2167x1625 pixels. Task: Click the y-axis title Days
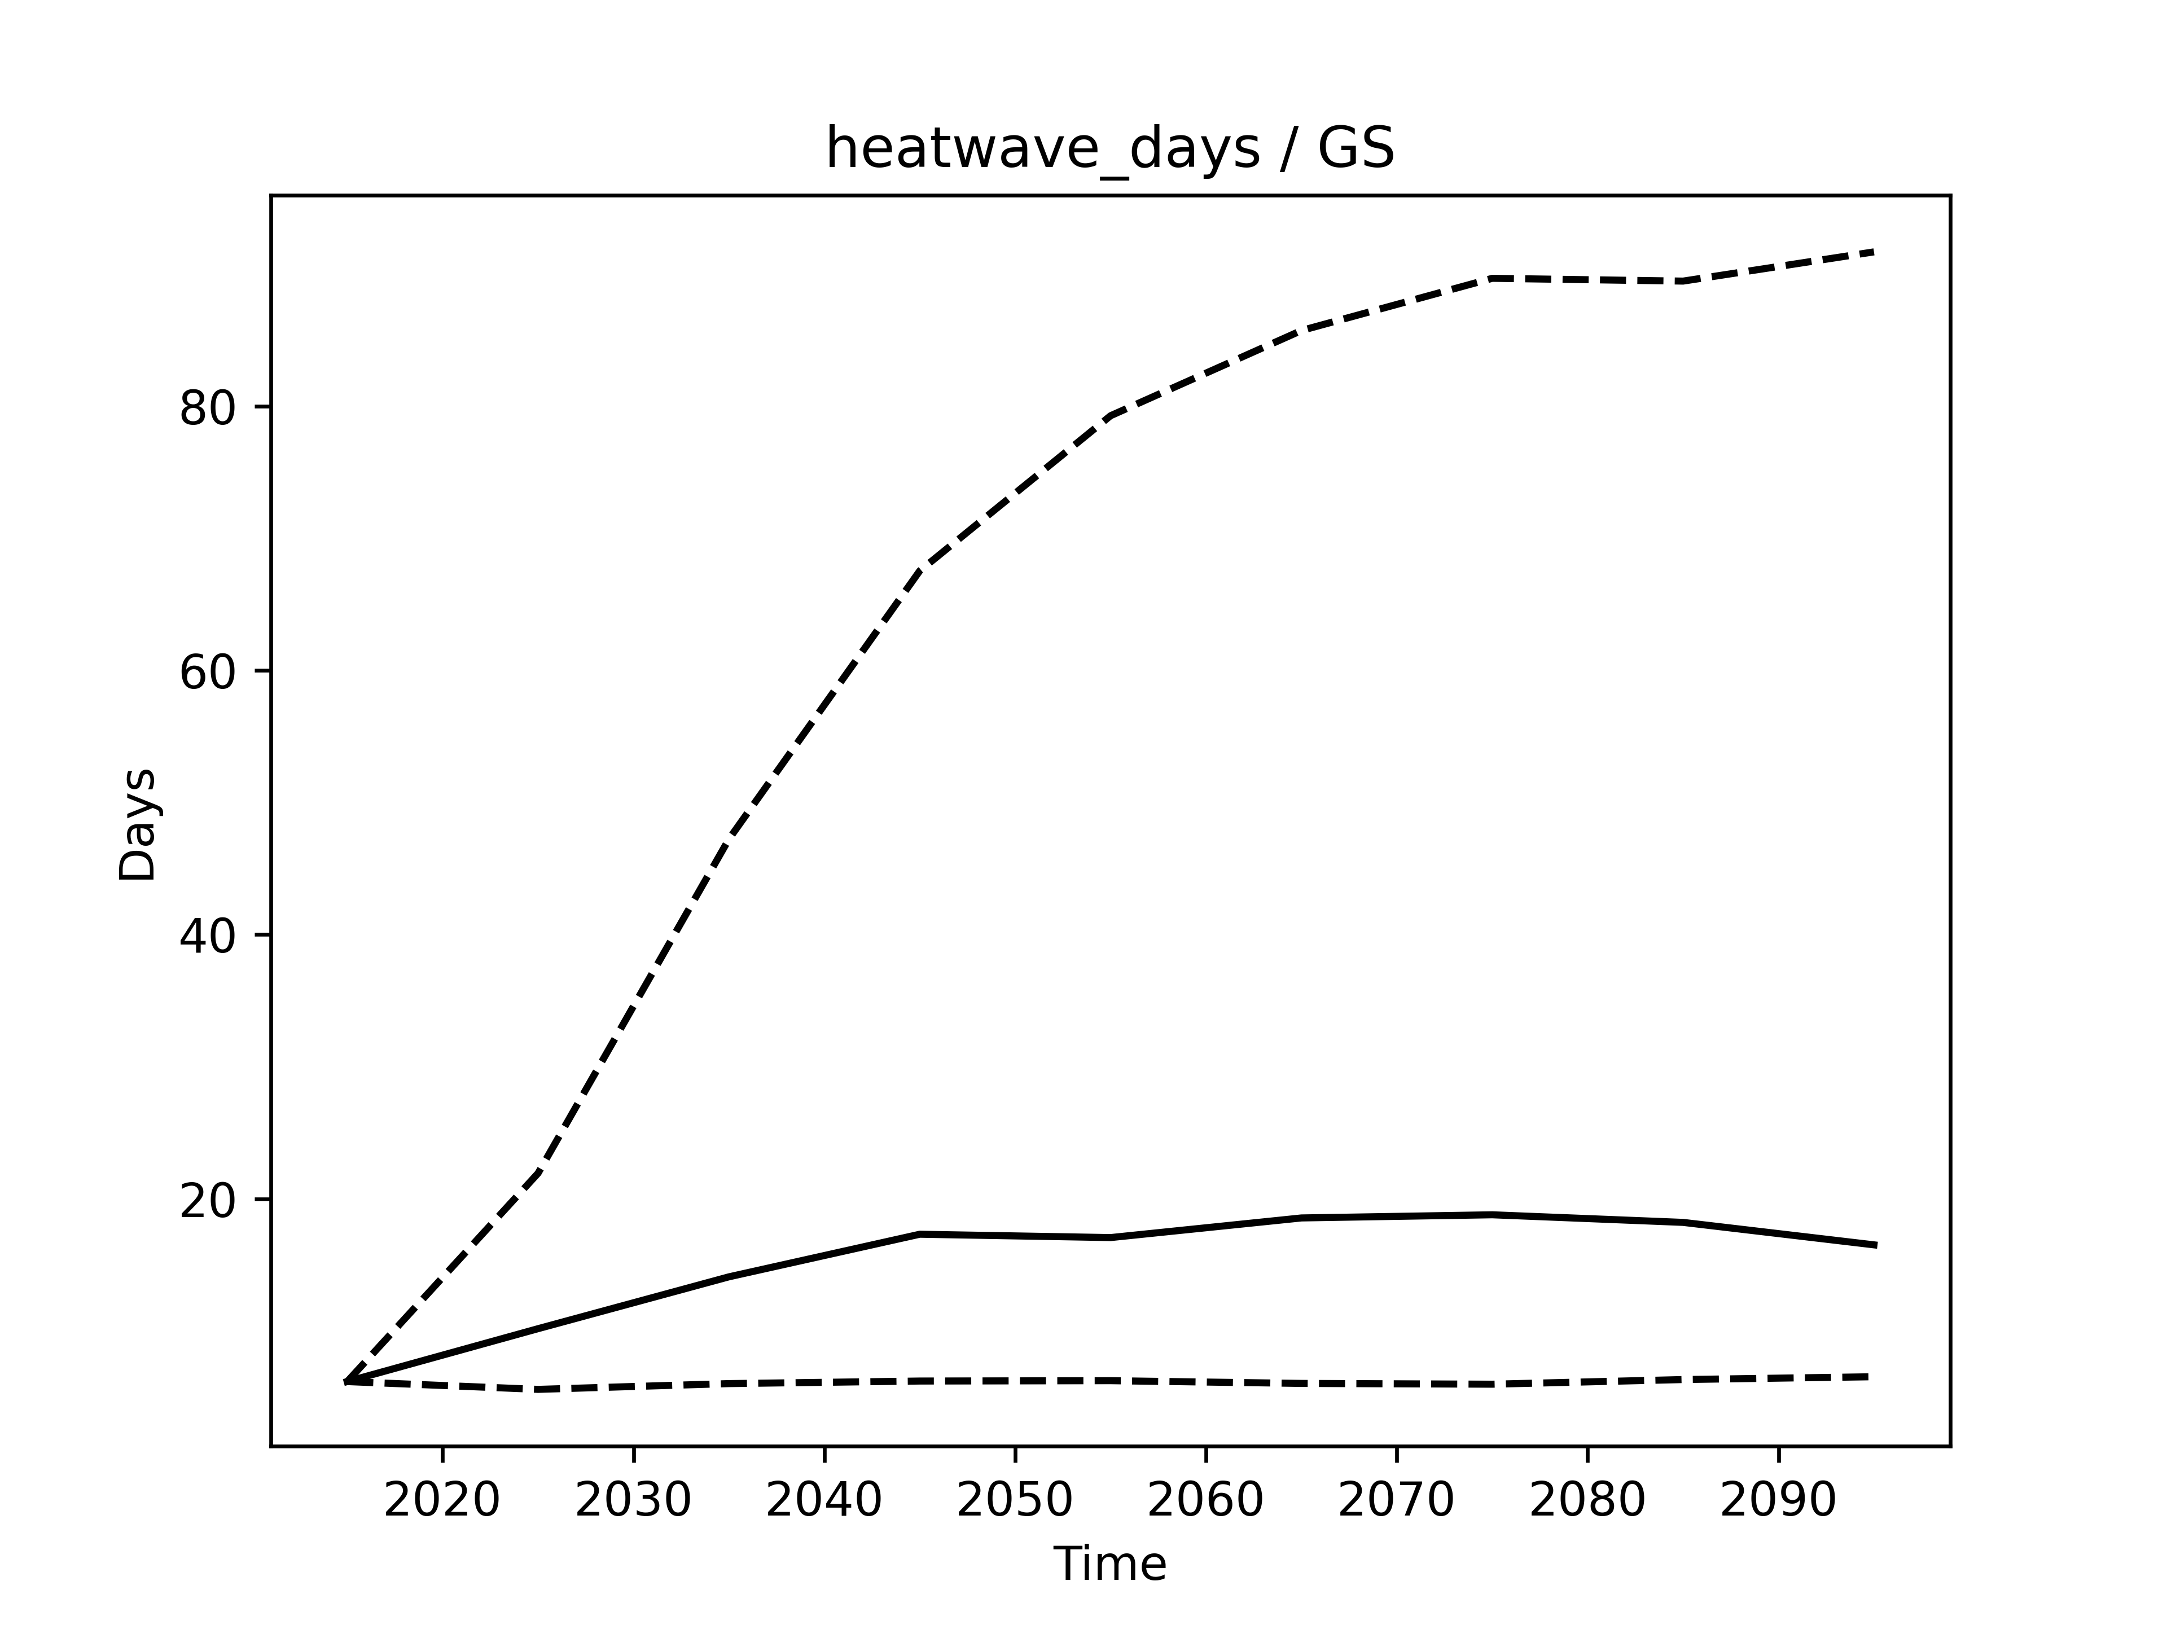tap(137, 825)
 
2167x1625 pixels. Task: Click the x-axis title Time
tap(1110, 1564)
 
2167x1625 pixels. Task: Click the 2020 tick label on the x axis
tap(443, 1501)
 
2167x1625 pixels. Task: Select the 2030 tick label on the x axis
tap(634, 1501)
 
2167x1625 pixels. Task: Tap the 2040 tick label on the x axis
tap(824, 1501)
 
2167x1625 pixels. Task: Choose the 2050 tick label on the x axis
tap(1015, 1501)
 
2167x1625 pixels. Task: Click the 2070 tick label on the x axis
tap(1396, 1501)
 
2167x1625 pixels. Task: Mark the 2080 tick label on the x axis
tap(1587, 1501)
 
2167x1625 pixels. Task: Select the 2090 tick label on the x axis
tap(1778, 1501)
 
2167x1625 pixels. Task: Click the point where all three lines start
tap(347, 1381)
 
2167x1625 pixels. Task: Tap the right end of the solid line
tap(1874, 1245)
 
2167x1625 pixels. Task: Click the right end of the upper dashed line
tap(1874, 252)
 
